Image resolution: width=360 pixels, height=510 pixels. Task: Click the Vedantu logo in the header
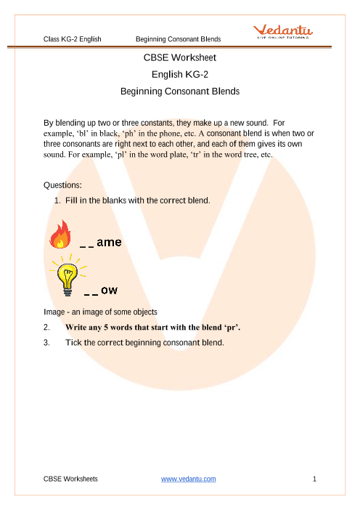(x=283, y=31)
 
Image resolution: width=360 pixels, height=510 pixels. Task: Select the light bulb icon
(x=69, y=275)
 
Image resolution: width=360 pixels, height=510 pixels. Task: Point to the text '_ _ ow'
(x=101, y=291)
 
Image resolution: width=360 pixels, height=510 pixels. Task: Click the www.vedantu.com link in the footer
(x=188, y=479)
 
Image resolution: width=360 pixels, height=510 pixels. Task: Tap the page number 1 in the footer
(x=314, y=479)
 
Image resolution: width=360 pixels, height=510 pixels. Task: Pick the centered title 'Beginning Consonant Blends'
(x=179, y=92)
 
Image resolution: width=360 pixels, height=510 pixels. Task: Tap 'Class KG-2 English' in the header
(x=73, y=37)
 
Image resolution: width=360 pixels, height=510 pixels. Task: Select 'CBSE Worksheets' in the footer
(x=71, y=479)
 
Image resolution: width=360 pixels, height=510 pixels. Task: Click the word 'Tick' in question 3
(x=74, y=341)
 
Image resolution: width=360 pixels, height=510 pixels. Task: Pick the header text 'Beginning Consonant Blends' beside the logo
(x=178, y=37)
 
